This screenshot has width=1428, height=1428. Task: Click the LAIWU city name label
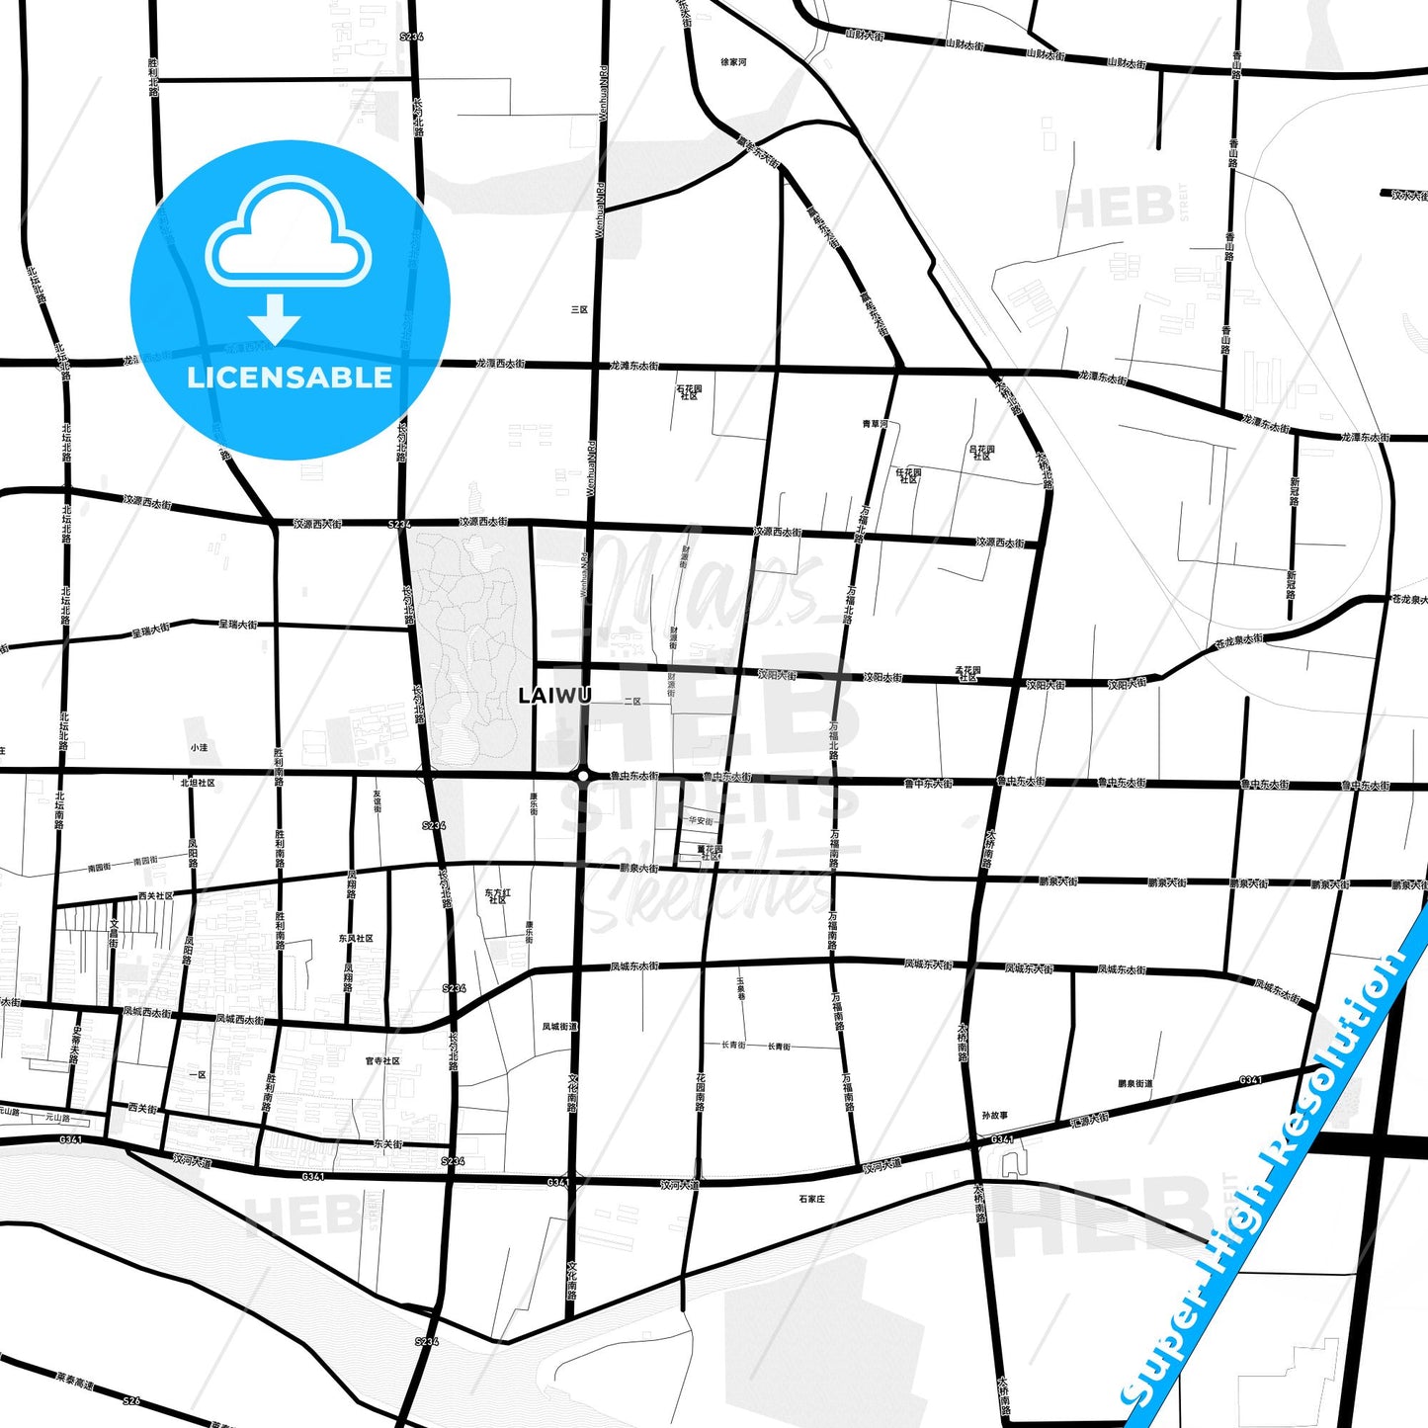click(554, 696)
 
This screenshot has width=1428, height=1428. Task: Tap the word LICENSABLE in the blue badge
click(290, 378)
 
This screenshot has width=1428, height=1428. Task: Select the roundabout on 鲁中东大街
click(584, 777)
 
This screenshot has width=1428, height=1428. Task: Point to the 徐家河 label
click(733, 62)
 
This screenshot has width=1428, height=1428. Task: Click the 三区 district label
click(579, 309)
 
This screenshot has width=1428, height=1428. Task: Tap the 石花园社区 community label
click(689, 392)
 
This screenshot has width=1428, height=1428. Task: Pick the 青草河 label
click(875, 424)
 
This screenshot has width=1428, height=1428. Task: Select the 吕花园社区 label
click(981, 452)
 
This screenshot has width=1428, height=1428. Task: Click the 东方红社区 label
click(497, 896)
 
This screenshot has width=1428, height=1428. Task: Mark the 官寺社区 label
click(382, 1061)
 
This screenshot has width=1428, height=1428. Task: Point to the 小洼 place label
click(200, 748)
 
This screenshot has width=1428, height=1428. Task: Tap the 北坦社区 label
click(198, 783)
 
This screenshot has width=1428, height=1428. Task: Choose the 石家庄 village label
click(811, 1200)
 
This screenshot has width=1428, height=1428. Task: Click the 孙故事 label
click(995, 1116)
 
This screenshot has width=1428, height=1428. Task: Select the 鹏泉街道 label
click(1134, 1084)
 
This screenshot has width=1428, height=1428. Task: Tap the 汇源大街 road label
click(1089, 1121)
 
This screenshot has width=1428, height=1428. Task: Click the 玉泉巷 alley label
click(739, 988)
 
